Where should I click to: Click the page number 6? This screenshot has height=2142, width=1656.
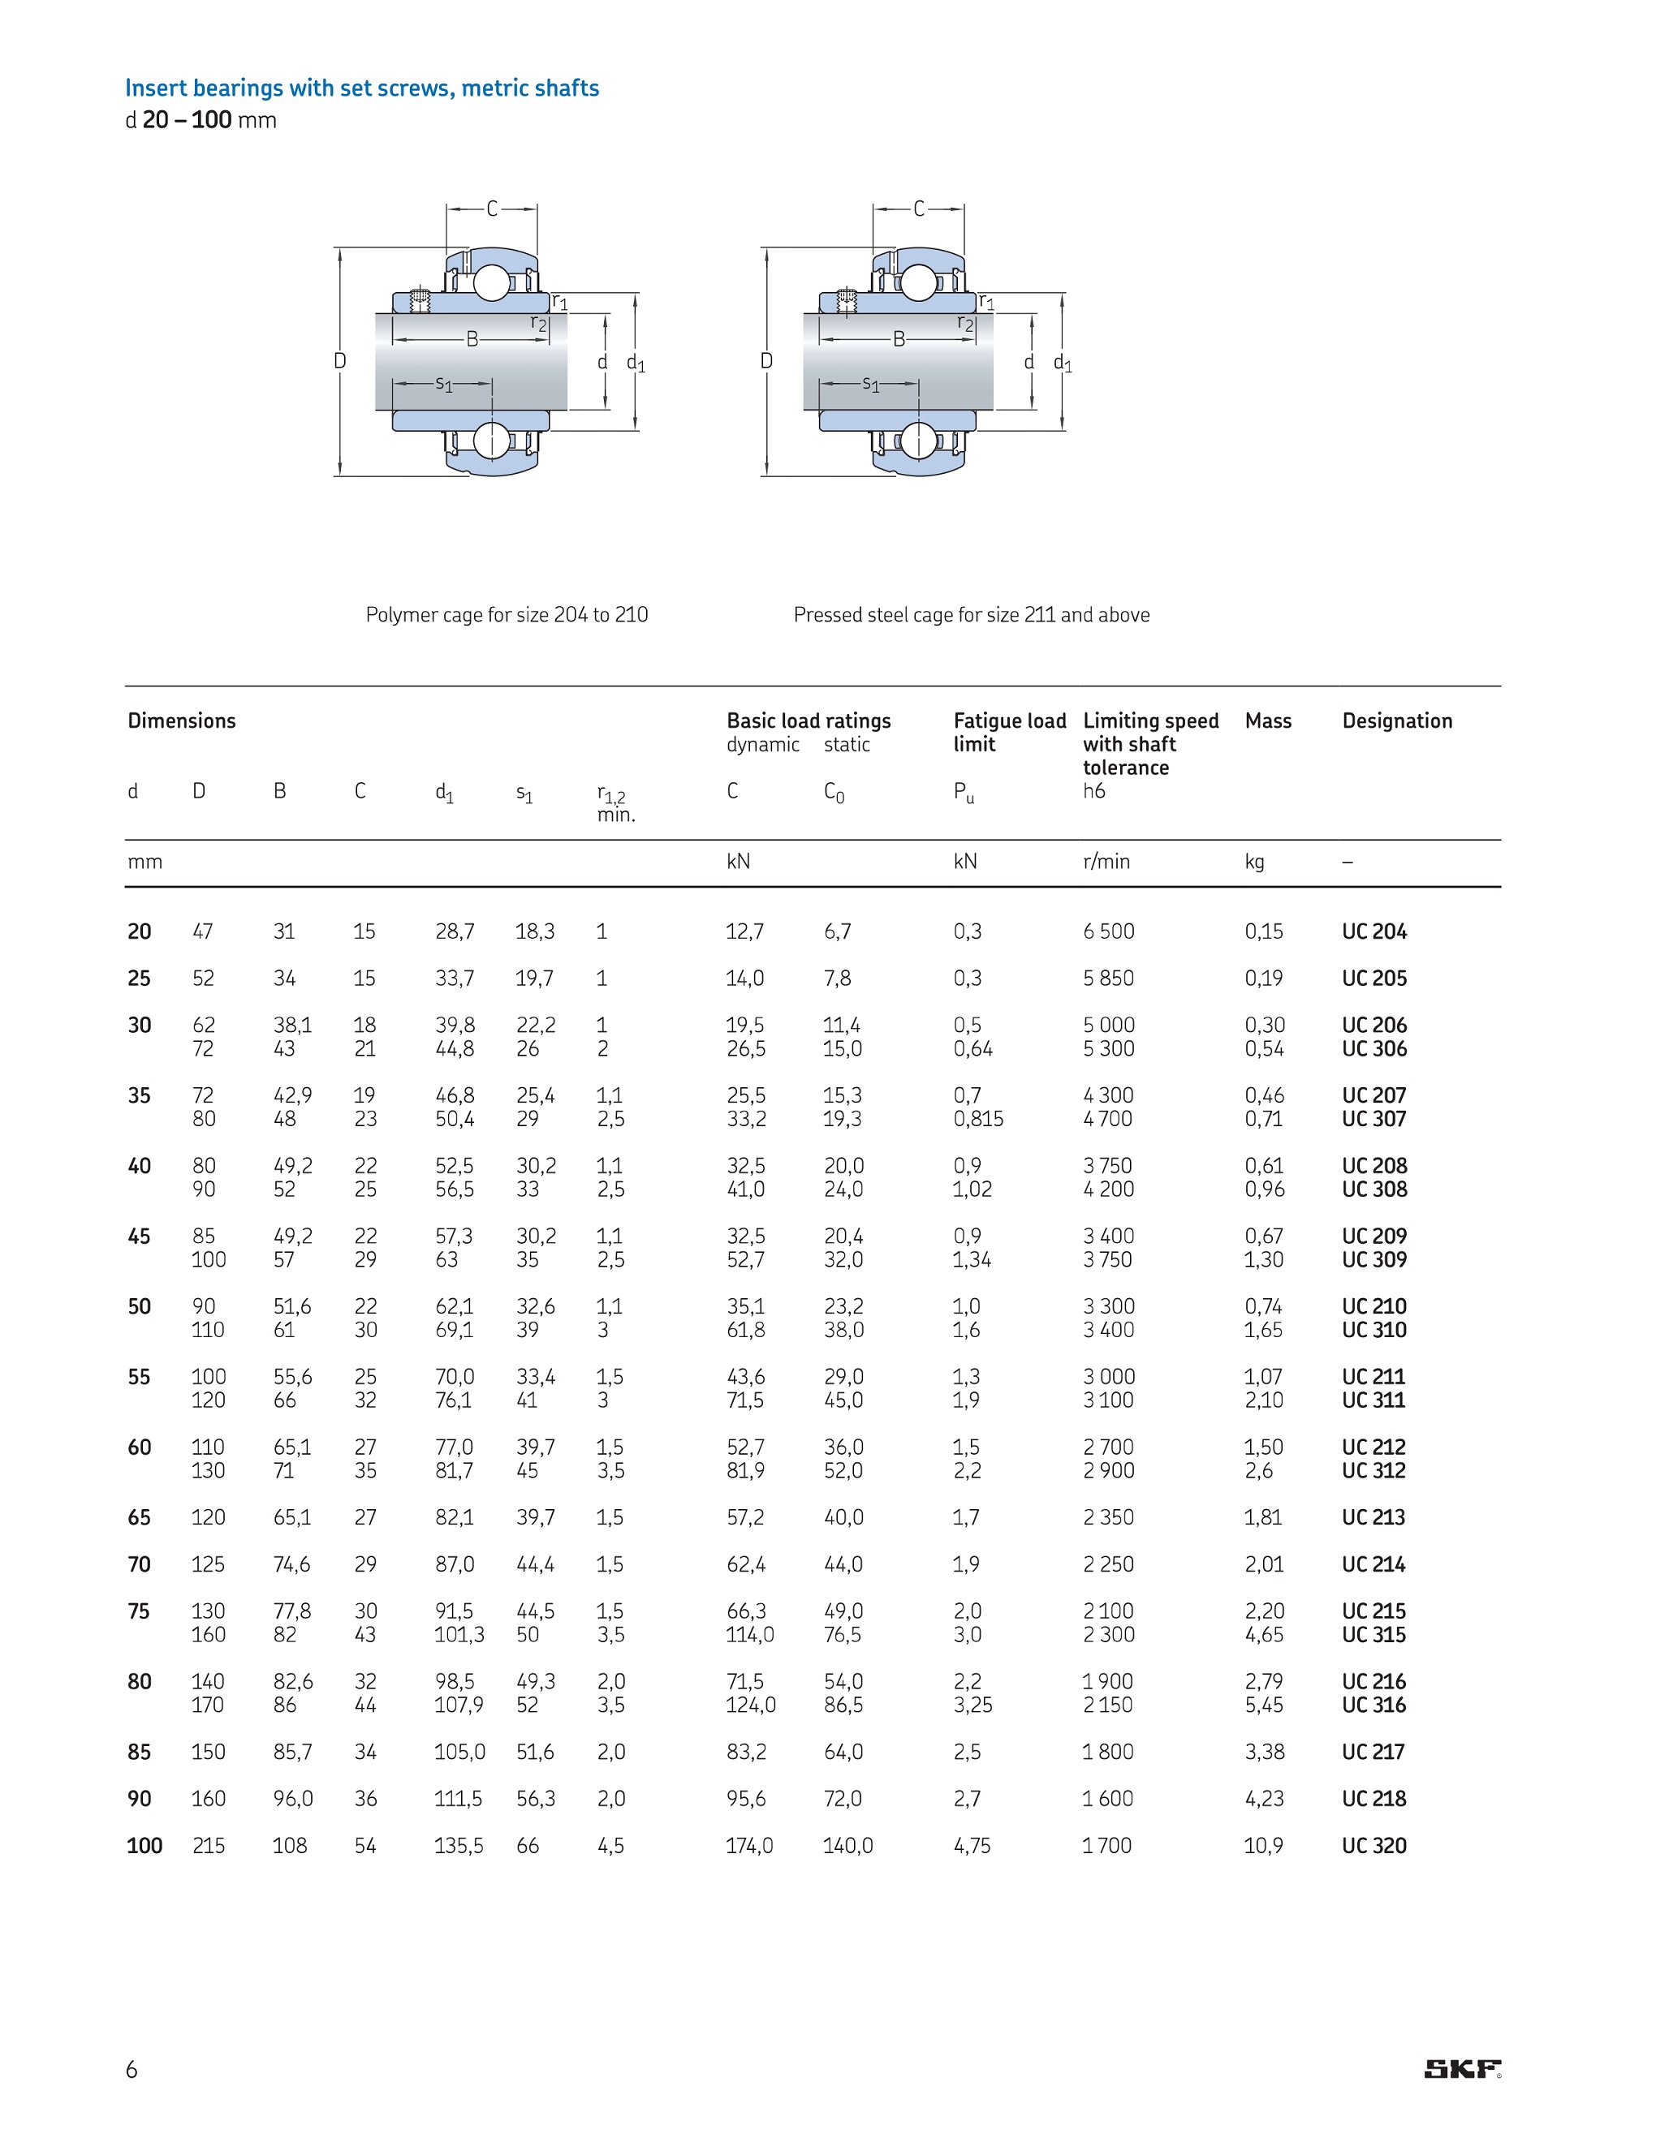coord(132,2070)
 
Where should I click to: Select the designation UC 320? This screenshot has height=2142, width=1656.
coord(1374,1846)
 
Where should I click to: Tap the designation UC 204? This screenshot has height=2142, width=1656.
coord(1374,931)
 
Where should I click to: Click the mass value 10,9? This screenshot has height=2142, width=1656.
coord(1264,1846)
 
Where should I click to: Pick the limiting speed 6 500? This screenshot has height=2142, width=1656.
coord(1109,931)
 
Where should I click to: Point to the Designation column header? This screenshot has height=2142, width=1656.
coord(1397,720)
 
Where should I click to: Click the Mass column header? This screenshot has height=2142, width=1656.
coord(1267,720)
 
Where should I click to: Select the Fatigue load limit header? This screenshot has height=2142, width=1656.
coord(1010,732)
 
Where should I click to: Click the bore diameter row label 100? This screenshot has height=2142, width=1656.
coord(144,1846)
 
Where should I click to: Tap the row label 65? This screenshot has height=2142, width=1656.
coord(140,1517)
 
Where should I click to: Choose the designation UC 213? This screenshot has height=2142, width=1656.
coord(1374,1517)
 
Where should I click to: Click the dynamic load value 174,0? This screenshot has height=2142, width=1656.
coord(749,1846)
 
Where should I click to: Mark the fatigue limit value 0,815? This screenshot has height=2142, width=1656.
coord(978,1119)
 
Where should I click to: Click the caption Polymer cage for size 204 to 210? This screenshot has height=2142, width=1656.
coord(507,615)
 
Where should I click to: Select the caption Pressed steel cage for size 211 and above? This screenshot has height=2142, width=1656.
coord(971,615)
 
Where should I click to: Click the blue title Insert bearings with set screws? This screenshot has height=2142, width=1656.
coord(362,88)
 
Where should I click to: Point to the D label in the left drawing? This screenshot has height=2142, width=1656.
coord(339,361)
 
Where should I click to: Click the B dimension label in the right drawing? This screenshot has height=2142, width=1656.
coord(899,339)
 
